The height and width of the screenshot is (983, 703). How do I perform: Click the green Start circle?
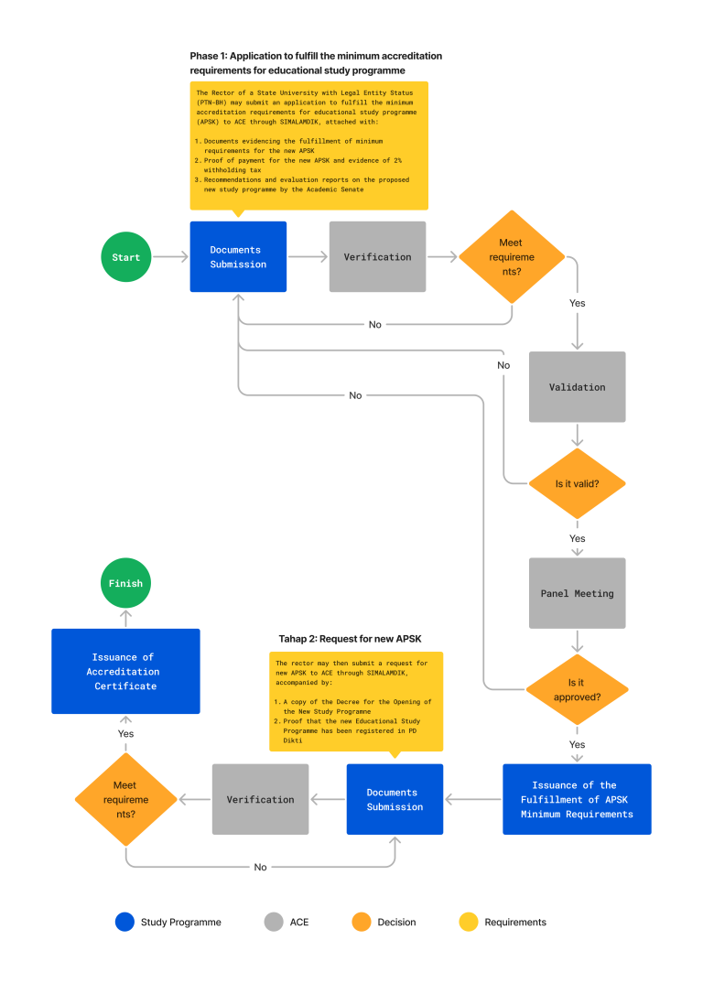(126, 257)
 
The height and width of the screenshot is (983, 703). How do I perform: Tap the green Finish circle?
(126, 583)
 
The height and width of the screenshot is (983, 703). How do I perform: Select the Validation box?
(577, 386)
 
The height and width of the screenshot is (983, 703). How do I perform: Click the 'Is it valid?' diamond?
(577, 483)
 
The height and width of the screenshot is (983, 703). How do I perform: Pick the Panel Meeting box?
(577, 593)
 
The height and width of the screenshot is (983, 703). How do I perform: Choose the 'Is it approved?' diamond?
(577, 689)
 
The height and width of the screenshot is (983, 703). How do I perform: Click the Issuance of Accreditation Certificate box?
(125, 671)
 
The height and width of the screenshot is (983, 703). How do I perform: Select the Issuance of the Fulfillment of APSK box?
(577, 799)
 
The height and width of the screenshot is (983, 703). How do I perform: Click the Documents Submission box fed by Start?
(238, 257)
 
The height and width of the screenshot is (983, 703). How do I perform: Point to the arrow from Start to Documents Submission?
(170, 257)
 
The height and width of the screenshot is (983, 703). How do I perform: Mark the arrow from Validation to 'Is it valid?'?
(577, 435)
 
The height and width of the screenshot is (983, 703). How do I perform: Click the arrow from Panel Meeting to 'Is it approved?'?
(577, 641)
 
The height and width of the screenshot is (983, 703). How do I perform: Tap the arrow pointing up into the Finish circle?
(126, 618)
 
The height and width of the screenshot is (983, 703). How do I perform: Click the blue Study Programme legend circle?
(124, 922)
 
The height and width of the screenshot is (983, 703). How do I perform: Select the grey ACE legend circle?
(273, 922)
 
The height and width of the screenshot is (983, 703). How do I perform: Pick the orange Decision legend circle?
(362, 922)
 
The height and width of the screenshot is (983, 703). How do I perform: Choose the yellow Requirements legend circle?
(469, 922)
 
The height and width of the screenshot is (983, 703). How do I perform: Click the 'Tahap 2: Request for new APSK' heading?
(350, 638)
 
